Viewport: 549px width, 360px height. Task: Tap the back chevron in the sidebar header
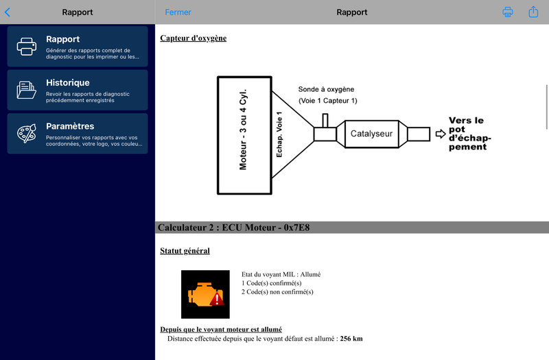[x=8, y=12]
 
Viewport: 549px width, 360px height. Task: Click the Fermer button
[x=178, y=12]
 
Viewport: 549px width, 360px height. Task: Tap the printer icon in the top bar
[x=508, y=12]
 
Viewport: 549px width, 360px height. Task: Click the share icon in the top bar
[x=533, y=12]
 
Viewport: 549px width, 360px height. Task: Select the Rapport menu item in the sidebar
[x=78, y=46]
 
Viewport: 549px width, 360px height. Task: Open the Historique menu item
[x=78, y=90]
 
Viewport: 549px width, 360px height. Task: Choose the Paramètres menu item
[x=78, y=133]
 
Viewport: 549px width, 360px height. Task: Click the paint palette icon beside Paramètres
[x=27, y=133]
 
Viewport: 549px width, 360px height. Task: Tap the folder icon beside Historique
[x=27, y=90]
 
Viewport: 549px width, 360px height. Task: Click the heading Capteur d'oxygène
[x=193, y=38]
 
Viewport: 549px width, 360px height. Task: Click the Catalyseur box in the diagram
[x=371, y=134]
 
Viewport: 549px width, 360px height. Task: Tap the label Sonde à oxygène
[x=327, y=90]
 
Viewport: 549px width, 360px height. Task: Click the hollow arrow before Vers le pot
[x=441, y=134]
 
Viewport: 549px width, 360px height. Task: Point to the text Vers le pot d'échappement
[x=470, y=133]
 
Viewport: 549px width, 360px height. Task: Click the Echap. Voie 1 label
[x=279, y=134]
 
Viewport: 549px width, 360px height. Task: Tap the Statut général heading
[x=185, y=251]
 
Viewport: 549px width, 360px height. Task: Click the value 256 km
[x=351, y=339]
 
